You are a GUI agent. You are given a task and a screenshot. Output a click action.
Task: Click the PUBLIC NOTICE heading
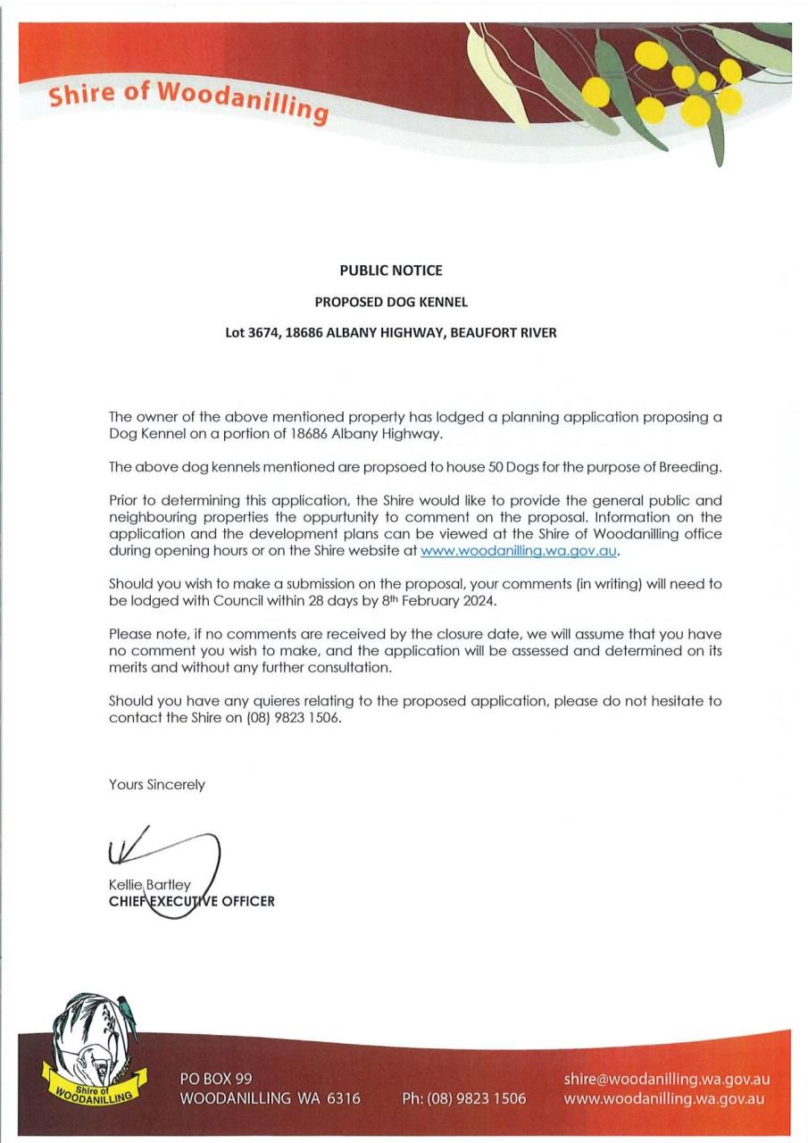(x=391, y=270)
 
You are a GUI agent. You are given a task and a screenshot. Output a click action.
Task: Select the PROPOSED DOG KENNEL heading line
(x=391, y=302)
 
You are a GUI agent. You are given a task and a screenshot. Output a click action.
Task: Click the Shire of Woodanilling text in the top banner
(x=188, y=101)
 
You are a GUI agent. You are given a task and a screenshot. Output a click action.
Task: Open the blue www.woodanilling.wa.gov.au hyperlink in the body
(x=519, y=551)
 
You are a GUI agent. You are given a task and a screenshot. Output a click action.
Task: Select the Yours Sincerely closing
(x=157, y=785)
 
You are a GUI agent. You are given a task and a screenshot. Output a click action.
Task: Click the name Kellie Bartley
(x=149, y=885)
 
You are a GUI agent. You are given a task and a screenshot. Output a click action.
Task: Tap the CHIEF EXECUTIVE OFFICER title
(x=192, y=902)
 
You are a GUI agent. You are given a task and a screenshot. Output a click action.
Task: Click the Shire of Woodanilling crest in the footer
(x=89, y=1050)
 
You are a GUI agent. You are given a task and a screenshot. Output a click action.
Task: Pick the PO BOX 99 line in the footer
(x=216, y=1080)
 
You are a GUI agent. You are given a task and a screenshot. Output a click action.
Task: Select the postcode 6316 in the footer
(x=342, y=1098)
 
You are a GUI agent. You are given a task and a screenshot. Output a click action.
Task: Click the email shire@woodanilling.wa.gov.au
(x=666, y=1079)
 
